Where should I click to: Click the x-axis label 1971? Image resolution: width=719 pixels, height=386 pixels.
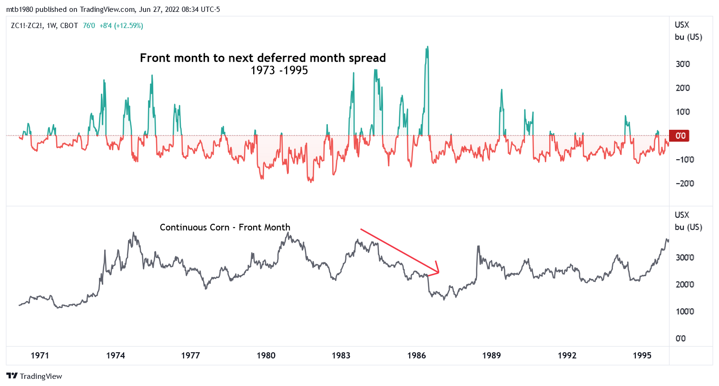40,356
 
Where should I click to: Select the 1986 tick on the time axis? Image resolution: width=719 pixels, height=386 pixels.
416,356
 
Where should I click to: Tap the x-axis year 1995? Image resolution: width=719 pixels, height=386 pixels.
642,356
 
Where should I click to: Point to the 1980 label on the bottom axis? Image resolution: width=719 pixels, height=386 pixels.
266,356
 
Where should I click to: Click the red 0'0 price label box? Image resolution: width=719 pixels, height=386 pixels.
679,135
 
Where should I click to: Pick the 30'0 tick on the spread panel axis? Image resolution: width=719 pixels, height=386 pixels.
683,64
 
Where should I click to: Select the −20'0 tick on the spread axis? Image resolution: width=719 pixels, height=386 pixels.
685,183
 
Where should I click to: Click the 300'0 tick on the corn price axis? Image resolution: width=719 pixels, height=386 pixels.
685,258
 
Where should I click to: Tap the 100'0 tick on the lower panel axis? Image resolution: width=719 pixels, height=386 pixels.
685,311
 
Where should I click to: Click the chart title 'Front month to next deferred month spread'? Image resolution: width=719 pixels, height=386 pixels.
263,58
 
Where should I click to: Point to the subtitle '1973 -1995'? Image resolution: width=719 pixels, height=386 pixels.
279,70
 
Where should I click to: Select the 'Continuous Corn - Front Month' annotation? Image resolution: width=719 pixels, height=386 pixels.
225,227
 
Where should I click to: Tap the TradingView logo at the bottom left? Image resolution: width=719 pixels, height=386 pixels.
34,376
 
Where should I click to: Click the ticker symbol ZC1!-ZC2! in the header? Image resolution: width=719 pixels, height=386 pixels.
27,26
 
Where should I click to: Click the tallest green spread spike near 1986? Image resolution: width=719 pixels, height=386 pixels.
427,48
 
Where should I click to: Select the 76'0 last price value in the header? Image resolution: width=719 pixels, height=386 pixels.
89,26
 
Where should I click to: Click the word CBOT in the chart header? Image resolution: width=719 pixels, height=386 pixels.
69,26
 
